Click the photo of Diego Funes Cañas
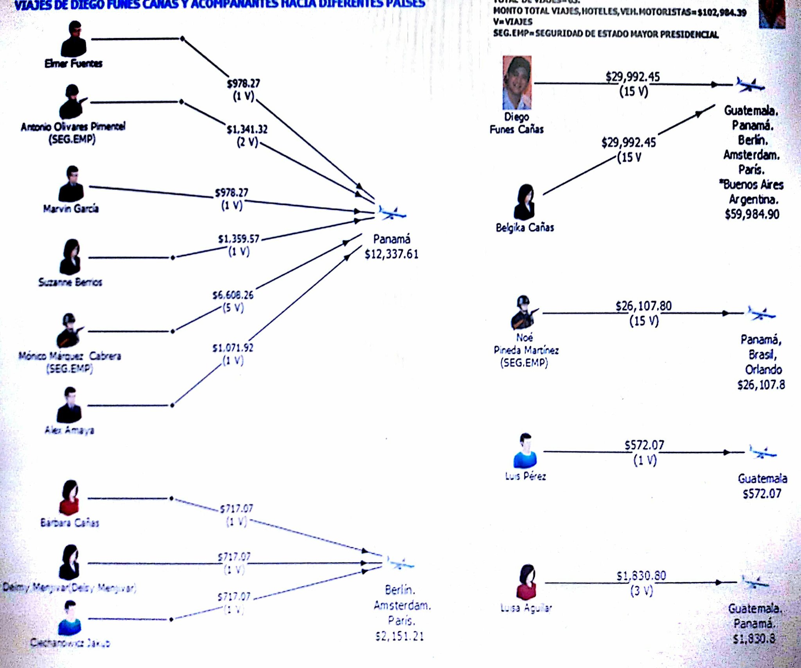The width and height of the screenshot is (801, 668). [517, 82]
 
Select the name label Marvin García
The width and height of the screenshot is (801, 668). [71, 209]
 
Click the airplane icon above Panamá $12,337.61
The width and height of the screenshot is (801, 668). [392, 213]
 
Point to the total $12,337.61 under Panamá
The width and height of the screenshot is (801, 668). [392, 254]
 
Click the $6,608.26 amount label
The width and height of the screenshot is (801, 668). [233, 295]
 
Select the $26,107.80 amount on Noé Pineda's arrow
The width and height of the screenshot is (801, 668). [643, 305]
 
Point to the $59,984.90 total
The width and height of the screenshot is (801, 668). [752, 214]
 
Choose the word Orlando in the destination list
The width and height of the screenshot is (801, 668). [763, 370]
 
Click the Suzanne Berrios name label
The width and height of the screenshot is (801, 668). [70, 282]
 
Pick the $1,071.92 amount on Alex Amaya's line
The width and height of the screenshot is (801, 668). [233, 348]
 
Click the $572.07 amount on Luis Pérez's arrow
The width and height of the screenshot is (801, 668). [644, 445]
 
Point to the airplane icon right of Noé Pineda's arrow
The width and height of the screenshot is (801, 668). [761, 313]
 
